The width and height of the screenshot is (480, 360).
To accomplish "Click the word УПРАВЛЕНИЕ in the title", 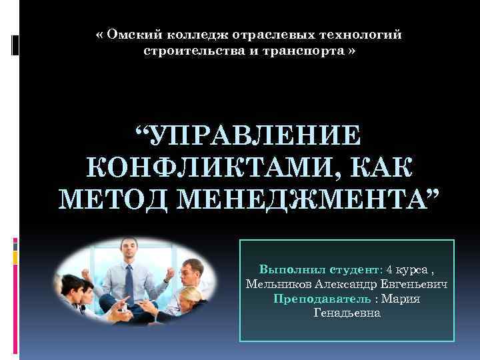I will click(249, 135).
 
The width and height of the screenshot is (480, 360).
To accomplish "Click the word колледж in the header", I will click(185, 34).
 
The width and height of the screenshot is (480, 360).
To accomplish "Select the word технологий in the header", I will click(365, 34).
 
